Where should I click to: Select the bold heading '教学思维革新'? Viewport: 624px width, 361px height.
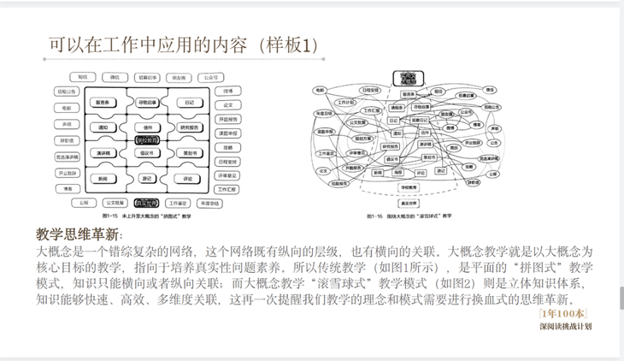(79, 234)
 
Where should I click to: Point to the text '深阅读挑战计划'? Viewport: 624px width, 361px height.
(566, 325)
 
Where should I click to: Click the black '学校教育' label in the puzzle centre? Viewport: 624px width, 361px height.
(146, 137)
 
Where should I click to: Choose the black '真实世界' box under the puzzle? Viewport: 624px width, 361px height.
(146, 204)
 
